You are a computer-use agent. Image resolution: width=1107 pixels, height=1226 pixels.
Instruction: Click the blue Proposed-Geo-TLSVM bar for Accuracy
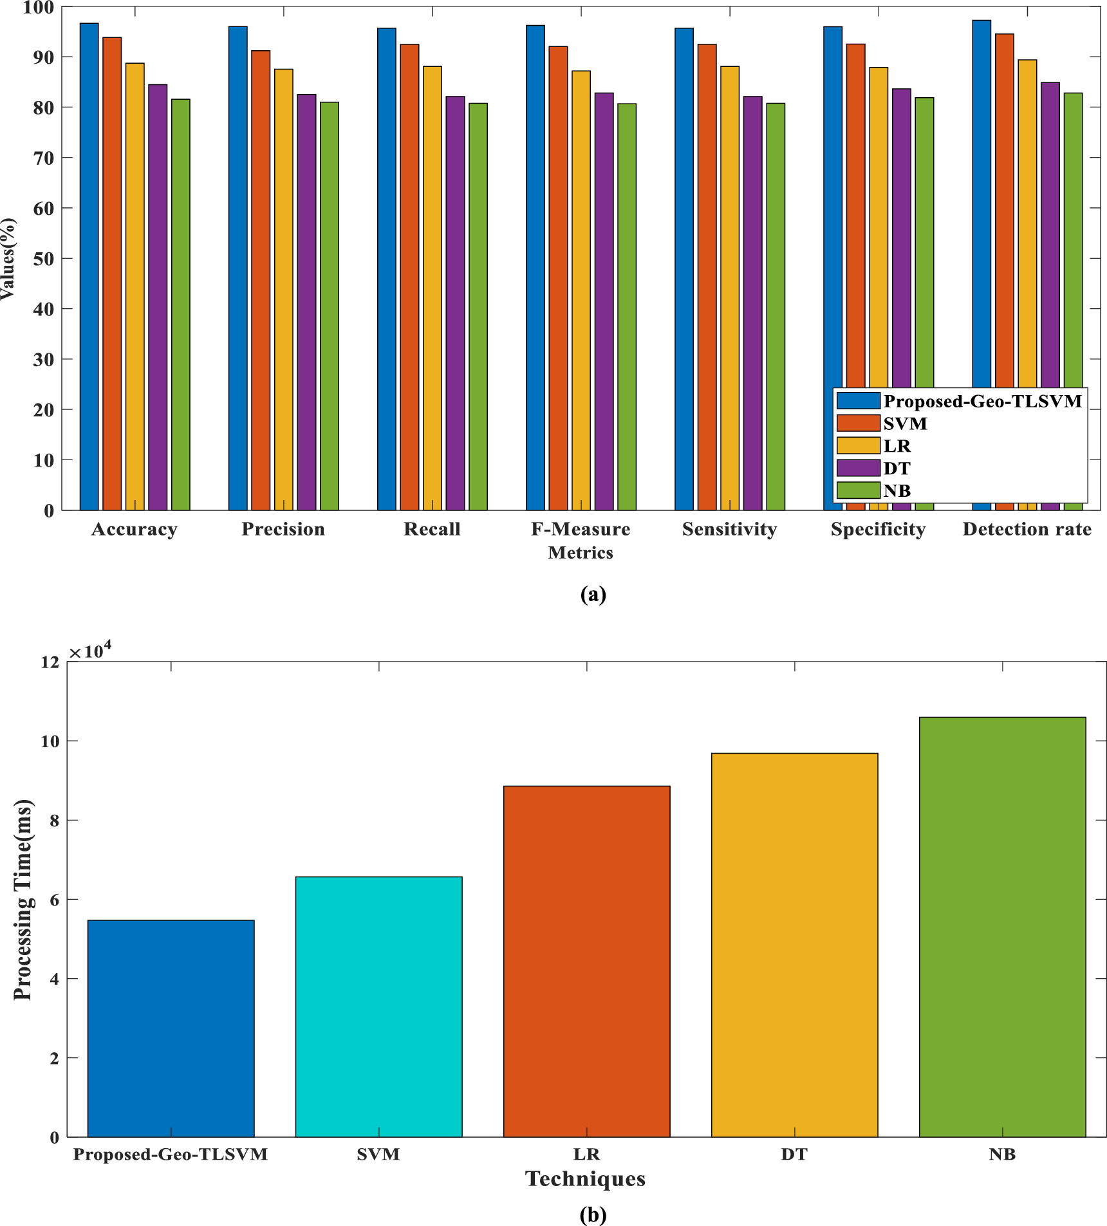tap(89, 267)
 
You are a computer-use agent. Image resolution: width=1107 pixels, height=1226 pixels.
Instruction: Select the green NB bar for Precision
tap(329, 306)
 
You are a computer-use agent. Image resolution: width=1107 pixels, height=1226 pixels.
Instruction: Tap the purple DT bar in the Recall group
tap(455, 302)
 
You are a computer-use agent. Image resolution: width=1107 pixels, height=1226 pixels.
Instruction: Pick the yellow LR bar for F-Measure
tap(581, 290)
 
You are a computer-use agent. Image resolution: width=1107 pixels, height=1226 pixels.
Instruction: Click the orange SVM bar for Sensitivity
tap(707, 277)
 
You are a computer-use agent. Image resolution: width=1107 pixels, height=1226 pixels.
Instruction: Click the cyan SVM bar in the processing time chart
tap(378, 1007)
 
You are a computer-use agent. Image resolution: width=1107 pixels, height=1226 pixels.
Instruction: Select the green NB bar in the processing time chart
tap(1002, 927)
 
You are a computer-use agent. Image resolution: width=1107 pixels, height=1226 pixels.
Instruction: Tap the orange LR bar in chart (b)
tap(586, 961)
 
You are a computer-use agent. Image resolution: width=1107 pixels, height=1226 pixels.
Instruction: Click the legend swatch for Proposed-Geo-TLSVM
tap(858, 401)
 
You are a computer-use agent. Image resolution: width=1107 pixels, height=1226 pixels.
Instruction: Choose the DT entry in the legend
tap(897, 469)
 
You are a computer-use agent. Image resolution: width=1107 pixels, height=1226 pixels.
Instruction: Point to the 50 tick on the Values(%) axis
tap(45, 259)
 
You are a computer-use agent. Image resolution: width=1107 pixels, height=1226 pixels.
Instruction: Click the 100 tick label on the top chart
tap(39, 8)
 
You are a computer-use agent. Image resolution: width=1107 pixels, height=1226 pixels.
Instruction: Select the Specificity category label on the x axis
tap(878, 529)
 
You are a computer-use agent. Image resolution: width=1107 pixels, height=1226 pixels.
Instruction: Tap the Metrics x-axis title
tap(581, 553)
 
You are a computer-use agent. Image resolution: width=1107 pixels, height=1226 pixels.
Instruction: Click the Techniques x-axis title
tap(585, 1178)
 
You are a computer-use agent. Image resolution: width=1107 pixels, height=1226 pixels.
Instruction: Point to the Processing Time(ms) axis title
tap(23, 900)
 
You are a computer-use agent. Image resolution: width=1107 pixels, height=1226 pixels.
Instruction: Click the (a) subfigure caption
tap(593, 593)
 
